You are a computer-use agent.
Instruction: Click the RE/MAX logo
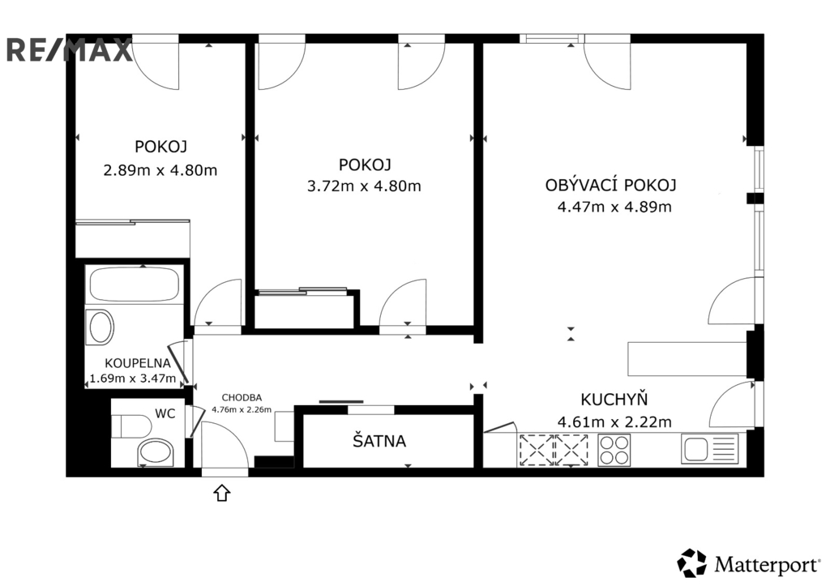click(70, 49)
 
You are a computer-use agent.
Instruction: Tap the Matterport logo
click(748, 563)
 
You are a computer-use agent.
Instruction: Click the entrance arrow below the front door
click(222, 492)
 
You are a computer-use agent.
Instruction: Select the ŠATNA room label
click(379, 440)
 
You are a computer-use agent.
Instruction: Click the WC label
click(165, 413)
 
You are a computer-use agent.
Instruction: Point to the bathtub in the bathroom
click(135, 284)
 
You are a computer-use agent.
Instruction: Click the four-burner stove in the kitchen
click(614, 450)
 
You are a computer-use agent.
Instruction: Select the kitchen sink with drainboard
click(710, 449)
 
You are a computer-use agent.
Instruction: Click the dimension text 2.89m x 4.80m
click(160, 170)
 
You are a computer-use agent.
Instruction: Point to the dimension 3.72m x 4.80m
click(364, 186)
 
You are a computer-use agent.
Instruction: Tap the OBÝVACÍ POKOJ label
click(611, 185)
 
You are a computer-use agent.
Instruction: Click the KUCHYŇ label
click(614, 399)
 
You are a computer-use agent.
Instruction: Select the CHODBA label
click(242, 398)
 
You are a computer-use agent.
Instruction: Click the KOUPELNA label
click(138, 363)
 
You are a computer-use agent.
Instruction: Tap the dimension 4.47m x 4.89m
click(614, 207)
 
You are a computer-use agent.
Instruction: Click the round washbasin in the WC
click(155, 452)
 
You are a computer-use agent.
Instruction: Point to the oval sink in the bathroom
click(101, 327)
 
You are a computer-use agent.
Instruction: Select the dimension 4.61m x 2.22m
click(614, 422)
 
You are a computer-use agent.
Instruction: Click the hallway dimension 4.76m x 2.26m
click(242, 409)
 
